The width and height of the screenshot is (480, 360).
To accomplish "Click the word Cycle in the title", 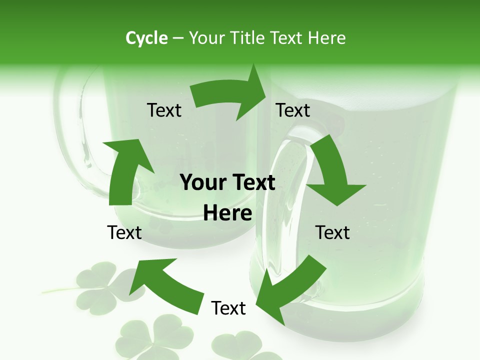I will tap(146, 38).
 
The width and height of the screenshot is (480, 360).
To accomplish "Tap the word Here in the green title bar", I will tap(326, 38).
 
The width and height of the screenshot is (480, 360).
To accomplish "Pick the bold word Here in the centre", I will tap(227, 213).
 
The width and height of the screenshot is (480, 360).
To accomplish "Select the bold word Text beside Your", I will tap(252, 182).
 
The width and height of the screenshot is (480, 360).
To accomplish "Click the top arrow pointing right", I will tap(230, 96).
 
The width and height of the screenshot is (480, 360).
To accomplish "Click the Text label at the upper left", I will tap(164, 110).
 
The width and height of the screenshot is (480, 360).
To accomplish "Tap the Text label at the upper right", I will tap(293, 110).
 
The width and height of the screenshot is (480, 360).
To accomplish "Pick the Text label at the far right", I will tap(332, 232).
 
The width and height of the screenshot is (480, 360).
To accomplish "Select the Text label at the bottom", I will tap(228, 308).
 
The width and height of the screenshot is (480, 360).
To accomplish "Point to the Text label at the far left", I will tap(124, 232).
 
